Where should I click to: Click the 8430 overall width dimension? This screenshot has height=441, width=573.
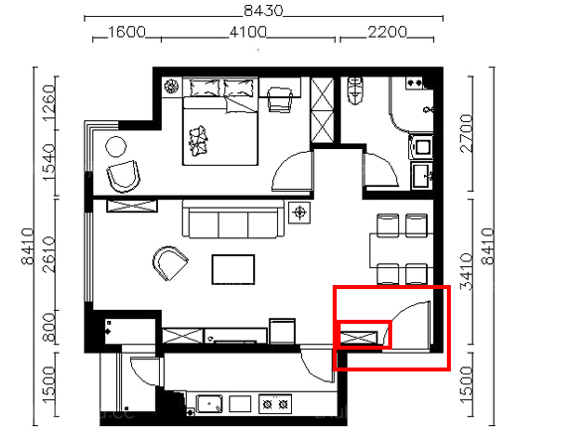pos(263,11)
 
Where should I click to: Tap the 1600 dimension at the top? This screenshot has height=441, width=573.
pos(127,32)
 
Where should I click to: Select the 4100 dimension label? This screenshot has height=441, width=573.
pos(248,32)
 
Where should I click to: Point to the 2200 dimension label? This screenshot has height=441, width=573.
pos(387,32)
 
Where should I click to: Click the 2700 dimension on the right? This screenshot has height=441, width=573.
pos(467,133)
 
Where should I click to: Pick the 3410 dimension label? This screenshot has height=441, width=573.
pos(467,271)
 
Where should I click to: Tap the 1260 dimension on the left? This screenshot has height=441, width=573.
pos(50,103)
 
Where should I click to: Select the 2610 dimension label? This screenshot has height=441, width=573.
pos(50,254)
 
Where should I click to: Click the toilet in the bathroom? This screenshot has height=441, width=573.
pos(355,90)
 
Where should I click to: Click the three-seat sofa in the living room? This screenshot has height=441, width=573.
pos(233,219)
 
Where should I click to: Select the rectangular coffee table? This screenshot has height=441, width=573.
pos(233,269)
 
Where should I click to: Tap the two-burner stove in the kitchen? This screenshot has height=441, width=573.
pos(275,404)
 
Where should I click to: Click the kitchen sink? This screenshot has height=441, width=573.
pos(209,404)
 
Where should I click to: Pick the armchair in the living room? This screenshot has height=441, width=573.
pos(170,262)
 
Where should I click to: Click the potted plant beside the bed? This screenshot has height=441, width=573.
pos(171,86)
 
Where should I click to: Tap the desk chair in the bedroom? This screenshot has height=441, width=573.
pos(280,99)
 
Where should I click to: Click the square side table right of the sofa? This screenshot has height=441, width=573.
pos(299,212)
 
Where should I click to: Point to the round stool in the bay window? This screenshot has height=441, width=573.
pos(116,147)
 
